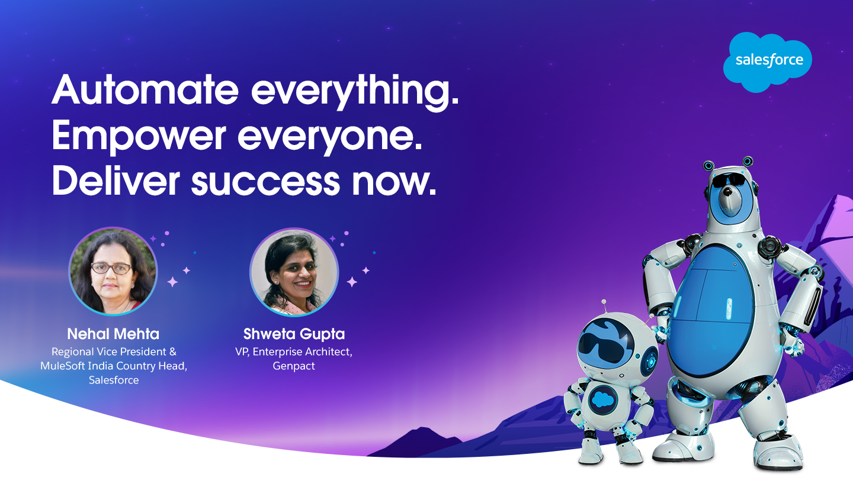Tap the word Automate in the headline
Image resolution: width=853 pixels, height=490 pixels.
click(x=145, y=90)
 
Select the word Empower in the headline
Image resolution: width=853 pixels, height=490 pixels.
click(x=139, y=137)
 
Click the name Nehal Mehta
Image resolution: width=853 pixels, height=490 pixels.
click(x=114, y=334)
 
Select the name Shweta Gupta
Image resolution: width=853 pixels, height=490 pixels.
click(x=294, y=334)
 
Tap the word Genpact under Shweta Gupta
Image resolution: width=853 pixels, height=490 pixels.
click(x=294, y=366)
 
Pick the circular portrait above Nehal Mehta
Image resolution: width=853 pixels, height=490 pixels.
click(x=113, y=272)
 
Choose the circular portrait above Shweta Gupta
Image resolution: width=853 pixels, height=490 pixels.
click(x=294, y=272)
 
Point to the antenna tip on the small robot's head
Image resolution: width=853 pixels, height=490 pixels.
click(x=604, y=301)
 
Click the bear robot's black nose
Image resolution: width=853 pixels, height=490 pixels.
click(x=728, y=192)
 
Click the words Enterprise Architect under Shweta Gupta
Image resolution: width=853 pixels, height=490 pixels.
click(x=302, y=352)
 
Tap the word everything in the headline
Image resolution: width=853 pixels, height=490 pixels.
click(x=355, y=92)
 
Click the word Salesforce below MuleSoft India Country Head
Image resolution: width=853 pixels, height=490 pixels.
click(x=114, y=380)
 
